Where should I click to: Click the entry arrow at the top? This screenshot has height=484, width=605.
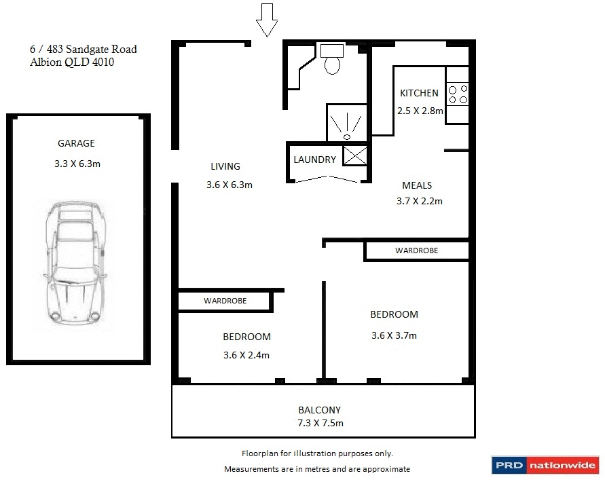[267, 19]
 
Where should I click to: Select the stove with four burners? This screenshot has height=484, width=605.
[458, 93]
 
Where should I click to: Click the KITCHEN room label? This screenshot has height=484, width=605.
[419, 93]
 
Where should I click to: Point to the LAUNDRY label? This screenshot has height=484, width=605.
[314, 160]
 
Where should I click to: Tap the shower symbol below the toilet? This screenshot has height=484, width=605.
[347, 126]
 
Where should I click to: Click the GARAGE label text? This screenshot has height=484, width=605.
[76, 143]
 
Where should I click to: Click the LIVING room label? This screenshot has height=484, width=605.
[225, 166]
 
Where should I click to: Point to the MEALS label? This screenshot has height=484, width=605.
[417, 185]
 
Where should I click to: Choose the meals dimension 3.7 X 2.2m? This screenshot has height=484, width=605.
[419, 201]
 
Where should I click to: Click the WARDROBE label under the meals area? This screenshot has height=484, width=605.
[416, 250]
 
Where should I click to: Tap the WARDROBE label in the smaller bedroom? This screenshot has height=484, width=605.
[225, 300]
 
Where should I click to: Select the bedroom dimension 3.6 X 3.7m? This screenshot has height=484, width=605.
[394, 335]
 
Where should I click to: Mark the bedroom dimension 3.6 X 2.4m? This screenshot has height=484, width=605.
[246, 355]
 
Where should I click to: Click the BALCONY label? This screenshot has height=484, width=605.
[319, 410]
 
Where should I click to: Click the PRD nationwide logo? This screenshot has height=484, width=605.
[545, 465]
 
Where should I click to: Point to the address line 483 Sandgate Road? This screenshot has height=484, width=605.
[83, 49]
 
